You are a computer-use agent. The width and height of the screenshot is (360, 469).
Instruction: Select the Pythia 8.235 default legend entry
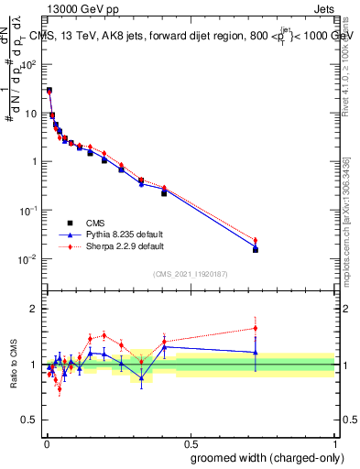tap(115, 234)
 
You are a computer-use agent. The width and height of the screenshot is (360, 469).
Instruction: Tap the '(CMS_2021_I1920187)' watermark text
tap(191, 274)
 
